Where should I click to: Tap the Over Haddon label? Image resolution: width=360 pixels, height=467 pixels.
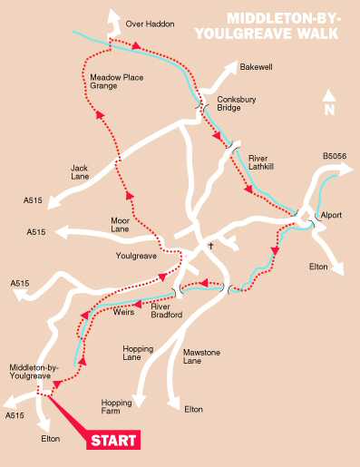click(149, 24)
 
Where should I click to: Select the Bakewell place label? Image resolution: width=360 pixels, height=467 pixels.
click(257, 67)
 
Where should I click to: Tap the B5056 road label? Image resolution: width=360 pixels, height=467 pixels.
click(335, 157)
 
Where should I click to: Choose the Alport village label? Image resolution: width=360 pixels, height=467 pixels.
click(331, 215)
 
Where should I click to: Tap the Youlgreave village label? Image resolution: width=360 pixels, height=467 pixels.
click(137, 257)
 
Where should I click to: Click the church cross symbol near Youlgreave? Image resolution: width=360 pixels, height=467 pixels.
click(210, 246)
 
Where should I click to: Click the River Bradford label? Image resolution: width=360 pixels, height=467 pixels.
click(167, 311)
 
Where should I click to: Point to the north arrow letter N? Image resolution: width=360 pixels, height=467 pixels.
click(329, 110)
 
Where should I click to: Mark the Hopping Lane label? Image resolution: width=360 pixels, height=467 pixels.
click(138, 353)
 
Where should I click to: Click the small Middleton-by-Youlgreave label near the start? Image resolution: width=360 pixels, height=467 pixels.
click(34, 373)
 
